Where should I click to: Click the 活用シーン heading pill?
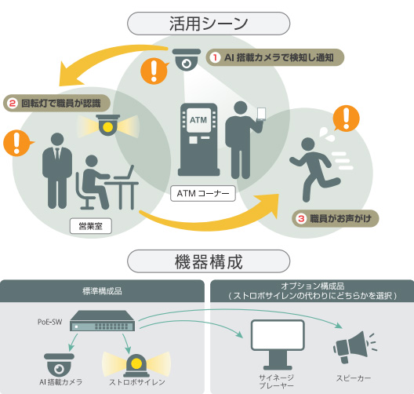pyautogui.click(x=209, y=24)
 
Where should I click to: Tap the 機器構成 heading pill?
pyautogui.click(x=209, y=261)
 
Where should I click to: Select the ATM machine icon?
pyautogui.click(x=198, y=140)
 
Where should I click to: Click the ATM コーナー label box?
pyautogui.click(x=203, y=193)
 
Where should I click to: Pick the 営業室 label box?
pyautogui.click(x=91, y=226)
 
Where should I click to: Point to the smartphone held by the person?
pyautogui.click(x=261, y=114)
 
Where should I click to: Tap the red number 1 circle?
pyautogui.click(x=215, y=57)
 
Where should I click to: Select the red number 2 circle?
pyautogui.click(x=13, y=103)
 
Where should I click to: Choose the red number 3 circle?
pyautogui.click(x=301, y=218)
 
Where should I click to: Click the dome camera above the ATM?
pyautogui.click(x=187, y=60)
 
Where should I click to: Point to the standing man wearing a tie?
pyautogui.click(x=57, y=170)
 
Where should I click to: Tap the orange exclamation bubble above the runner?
pyautogui.click(x=346, y=118)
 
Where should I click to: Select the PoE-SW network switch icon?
pyautogui.click(x=103, y=321)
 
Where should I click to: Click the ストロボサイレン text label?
pyautogui.click(x=137, y=382)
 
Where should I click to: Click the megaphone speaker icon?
pyautogui.click(x=354, y=347)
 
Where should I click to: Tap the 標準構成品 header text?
pyautogui.click(x=102, y=291)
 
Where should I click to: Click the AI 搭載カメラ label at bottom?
pyautogui.click(x=60, y=382)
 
